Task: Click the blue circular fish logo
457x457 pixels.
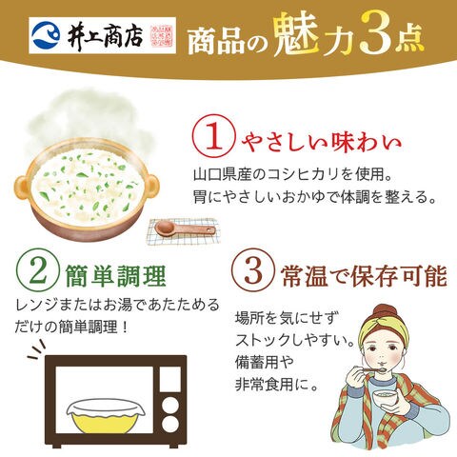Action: pyautogui.click(x=47, y=35)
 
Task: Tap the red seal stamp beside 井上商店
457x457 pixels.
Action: pyautogui.click(x=162, y=35)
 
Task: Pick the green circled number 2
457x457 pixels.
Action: pyautogui.click(x=37, y=269)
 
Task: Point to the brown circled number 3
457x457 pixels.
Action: pyautogui.click(x=253, y=270)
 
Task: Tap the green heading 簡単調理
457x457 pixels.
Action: pyautogui.click(x=115, y=275)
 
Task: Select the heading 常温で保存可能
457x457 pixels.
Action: pyautogui.click(x=364, y=275)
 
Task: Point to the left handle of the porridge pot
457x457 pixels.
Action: pyautogui.click(x=22, y=189)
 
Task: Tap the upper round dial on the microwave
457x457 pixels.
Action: pyautogui.click(x=170, y=405)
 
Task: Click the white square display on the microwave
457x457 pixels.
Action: pyautogui.click(x=170, y=379)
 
